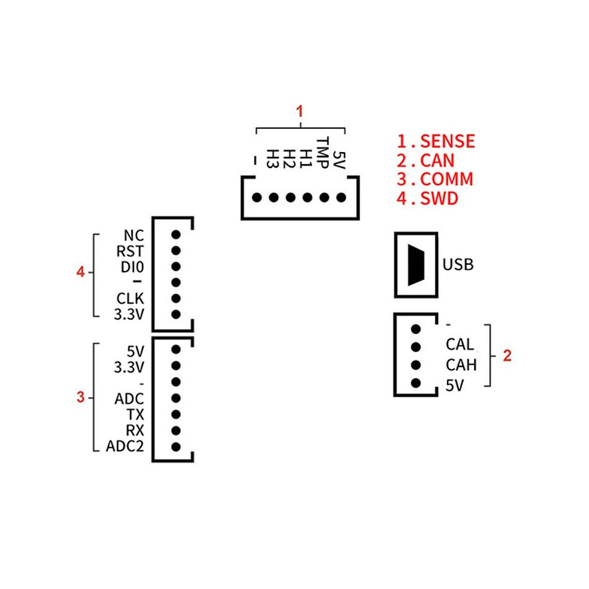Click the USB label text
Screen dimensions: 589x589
458,264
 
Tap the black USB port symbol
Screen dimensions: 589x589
416,265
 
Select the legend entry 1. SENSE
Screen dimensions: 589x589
436,141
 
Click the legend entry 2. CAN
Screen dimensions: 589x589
425,161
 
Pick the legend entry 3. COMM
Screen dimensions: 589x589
435,179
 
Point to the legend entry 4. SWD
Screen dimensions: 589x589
428,198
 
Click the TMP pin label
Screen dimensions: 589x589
322,153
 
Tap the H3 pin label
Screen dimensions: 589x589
272,159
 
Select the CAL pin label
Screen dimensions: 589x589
460,344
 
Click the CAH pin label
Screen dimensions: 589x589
461,365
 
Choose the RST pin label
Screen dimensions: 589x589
130,251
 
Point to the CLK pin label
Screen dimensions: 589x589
130,299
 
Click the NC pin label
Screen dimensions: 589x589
134,236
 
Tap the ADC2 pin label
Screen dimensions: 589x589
125,446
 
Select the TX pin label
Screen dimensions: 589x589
135,415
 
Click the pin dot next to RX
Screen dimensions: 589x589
176,431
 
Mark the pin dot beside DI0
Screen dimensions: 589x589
176,267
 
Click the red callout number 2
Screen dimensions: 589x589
507,355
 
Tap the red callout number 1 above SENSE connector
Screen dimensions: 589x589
299,111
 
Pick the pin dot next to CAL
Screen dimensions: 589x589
416,347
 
